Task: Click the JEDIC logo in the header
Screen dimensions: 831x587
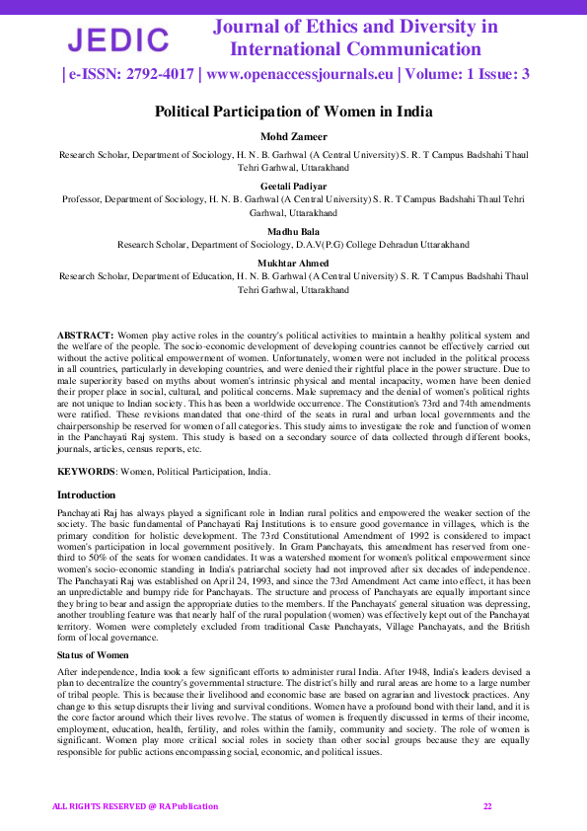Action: pos(117,39)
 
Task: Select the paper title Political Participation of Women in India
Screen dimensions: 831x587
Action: pos(293,112)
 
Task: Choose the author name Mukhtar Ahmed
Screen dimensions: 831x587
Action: pos(293,262)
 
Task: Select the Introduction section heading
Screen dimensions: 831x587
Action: pos(86,494)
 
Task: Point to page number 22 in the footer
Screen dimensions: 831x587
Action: pos(487,806)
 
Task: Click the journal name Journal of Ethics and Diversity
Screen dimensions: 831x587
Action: pos(355,27)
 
